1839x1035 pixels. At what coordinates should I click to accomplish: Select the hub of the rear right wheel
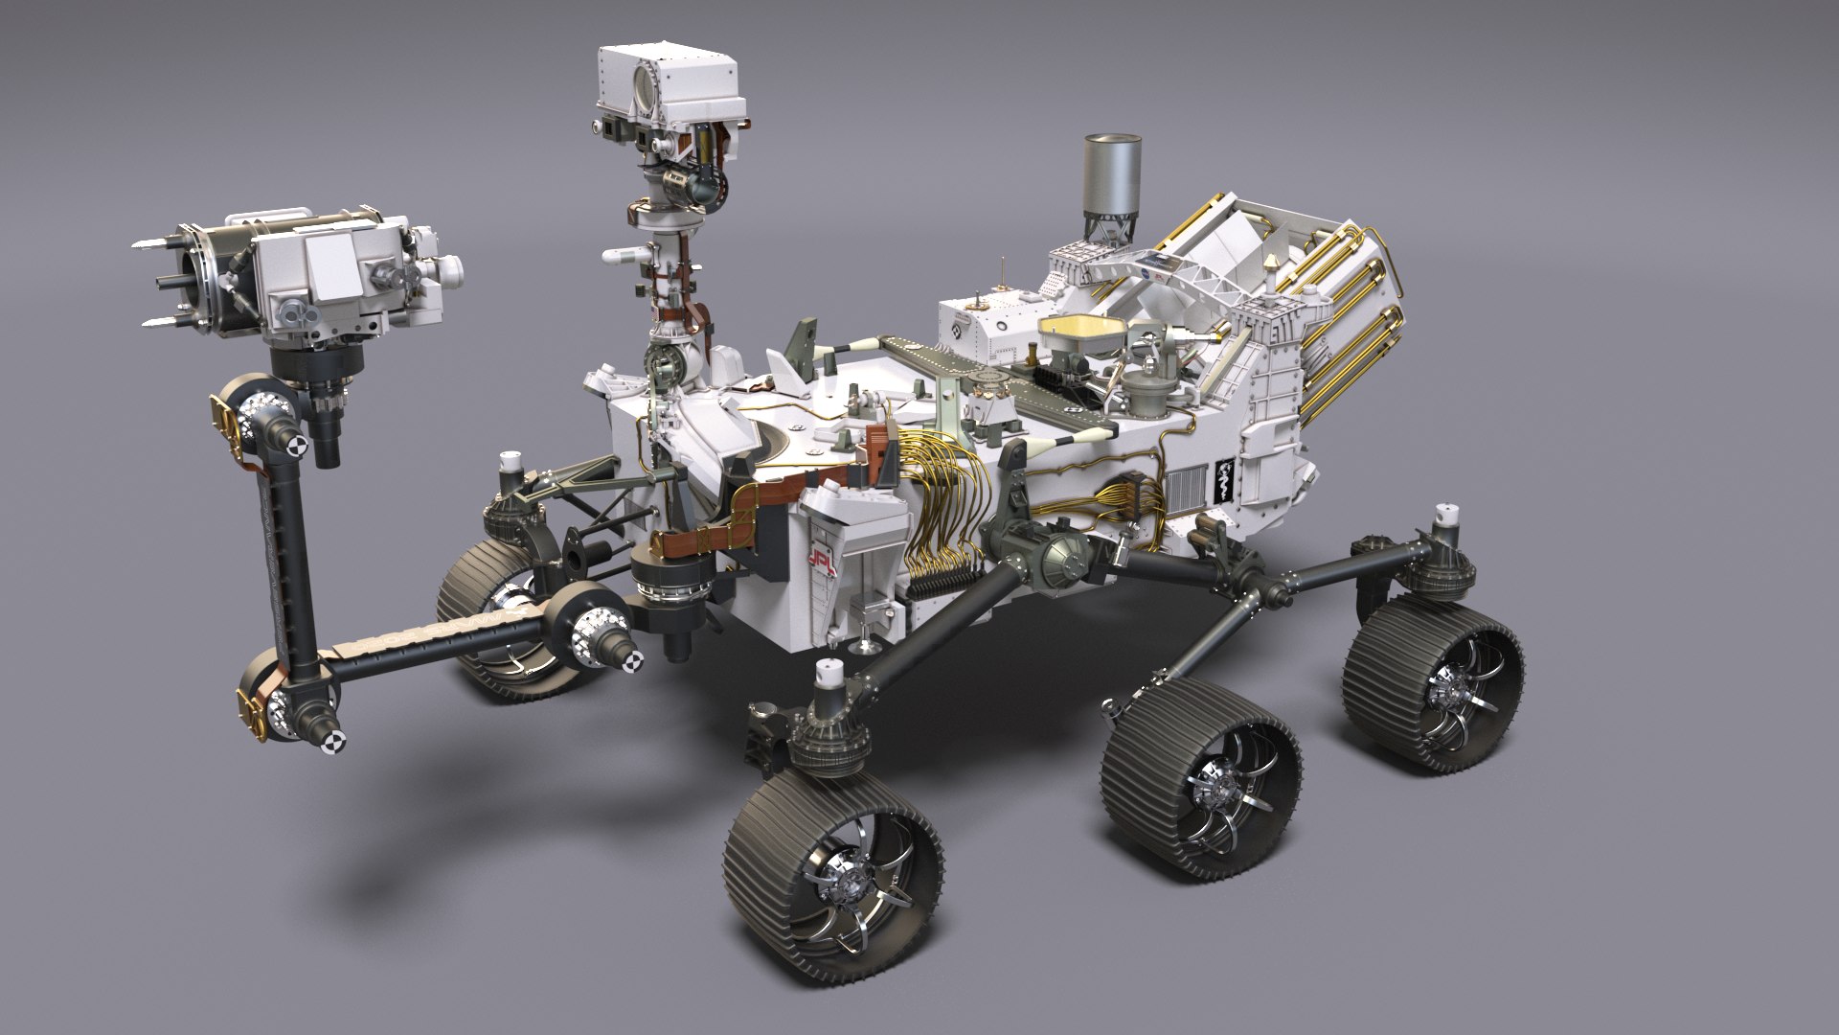pos(1440,689)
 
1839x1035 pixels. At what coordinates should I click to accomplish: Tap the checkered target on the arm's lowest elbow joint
pos(334,739)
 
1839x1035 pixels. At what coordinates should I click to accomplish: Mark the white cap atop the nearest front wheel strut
pos(829,677)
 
